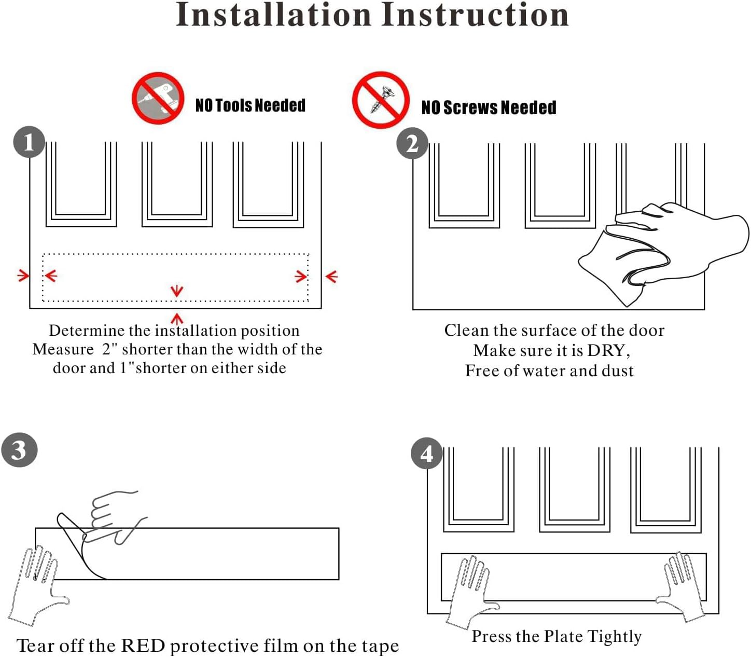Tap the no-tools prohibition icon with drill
158,98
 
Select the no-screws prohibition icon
381,100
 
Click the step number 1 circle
29,142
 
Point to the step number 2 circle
412,143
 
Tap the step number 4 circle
427,454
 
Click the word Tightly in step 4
615,636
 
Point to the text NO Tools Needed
250,105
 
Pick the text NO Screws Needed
489,107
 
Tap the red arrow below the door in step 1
177,318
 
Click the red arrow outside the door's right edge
331,276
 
